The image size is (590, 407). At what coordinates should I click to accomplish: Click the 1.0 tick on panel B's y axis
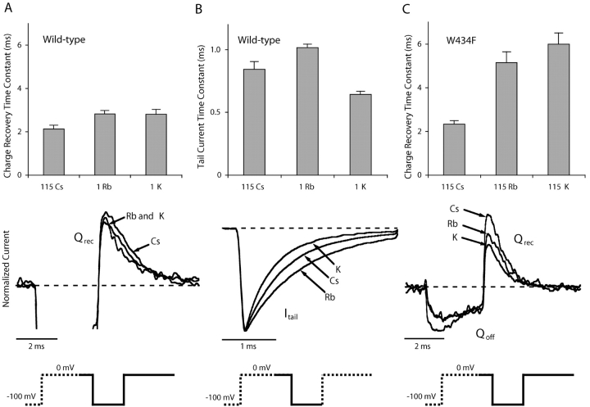tap(215, 49)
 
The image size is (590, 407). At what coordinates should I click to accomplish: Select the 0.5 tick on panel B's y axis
tap(215, 112)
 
